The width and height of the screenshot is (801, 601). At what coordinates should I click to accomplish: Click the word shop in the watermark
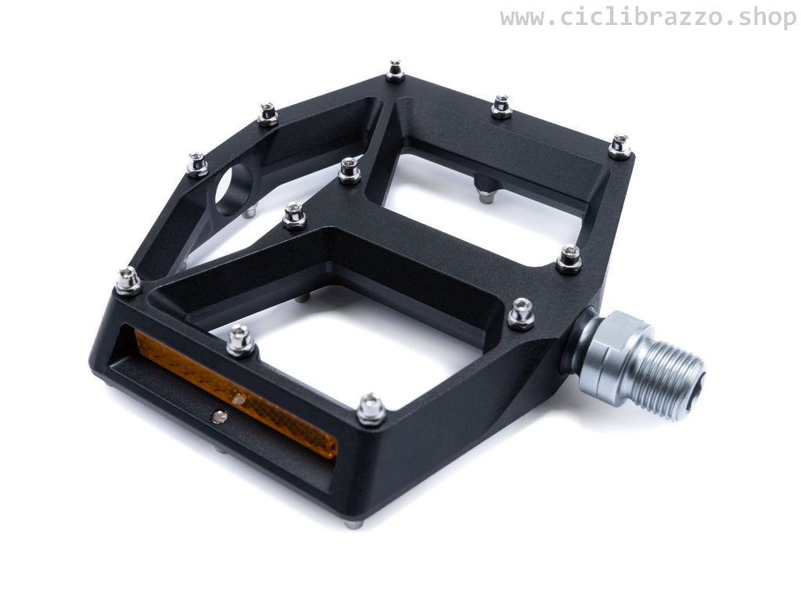click(767, 19)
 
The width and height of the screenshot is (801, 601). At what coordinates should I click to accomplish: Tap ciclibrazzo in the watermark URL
click(642, 17)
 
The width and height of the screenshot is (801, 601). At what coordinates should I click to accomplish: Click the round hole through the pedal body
click(234, 190)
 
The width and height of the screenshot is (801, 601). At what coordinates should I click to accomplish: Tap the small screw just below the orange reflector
click(219, 417)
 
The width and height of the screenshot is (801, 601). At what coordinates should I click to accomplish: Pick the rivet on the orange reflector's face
click(238, 399)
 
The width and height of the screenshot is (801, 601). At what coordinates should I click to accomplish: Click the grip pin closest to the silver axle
click(521, 313)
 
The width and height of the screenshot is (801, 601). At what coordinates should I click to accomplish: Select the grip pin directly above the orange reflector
click(241, 340)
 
